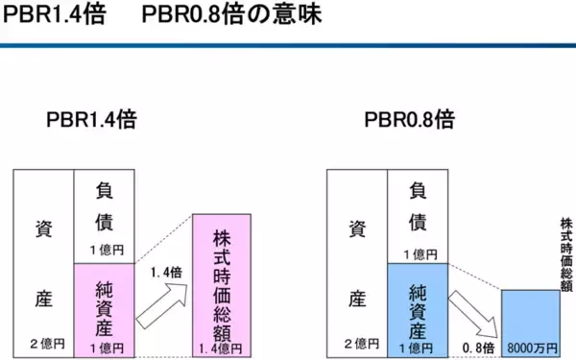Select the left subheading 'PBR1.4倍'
point(90,122)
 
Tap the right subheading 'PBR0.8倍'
point(409,122)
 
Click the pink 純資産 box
point(105,307)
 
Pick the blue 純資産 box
point(419,307)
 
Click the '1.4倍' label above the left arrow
point(166,273)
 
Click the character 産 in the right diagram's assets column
point(357,299)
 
